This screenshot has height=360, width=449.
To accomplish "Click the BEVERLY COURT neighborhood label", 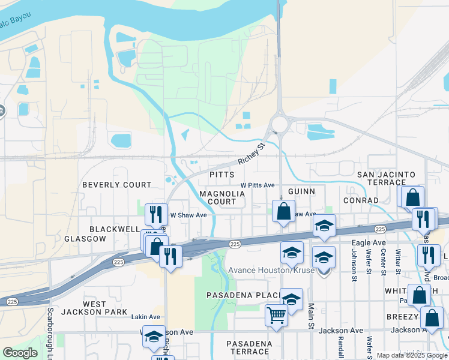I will [x=116, y=185].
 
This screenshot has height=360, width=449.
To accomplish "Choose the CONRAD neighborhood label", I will [x=361, y=200].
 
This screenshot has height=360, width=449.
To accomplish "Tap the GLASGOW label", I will [x=86, y=238].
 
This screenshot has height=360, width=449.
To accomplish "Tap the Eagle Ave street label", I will [x=368, y=242].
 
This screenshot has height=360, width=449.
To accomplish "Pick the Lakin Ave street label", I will [x=146, y=317].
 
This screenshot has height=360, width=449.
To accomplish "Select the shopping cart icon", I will [x=276, y=314].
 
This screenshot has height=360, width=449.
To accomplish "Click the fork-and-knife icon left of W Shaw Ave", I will [x=155, y=213].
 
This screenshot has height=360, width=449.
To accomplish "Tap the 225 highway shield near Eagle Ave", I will [x=380, y=229].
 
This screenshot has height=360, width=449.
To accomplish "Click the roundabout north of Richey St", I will [x=279, y=124].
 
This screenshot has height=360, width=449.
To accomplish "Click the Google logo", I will [x=20, y=353].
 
